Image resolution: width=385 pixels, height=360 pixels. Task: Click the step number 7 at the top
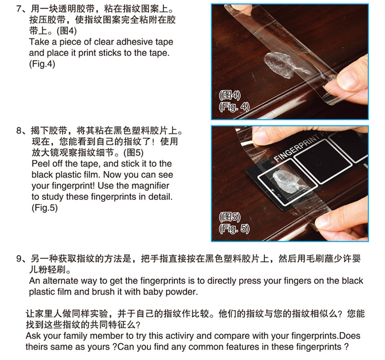(19, 9)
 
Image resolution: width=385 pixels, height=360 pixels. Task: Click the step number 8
(19, 130)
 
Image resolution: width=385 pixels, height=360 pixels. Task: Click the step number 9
(19, 259)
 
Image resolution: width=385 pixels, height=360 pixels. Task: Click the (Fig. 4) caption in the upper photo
(234, 107)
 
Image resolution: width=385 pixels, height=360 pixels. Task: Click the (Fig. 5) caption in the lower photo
(234, 229)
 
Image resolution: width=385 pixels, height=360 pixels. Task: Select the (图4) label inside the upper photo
(229, 96)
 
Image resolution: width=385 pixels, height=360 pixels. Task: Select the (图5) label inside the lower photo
(229, 217)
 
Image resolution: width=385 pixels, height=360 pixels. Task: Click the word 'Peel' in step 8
(40, 164)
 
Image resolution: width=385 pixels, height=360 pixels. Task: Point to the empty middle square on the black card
(323, 161)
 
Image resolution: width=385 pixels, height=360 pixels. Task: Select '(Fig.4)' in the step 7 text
(42, 64)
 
